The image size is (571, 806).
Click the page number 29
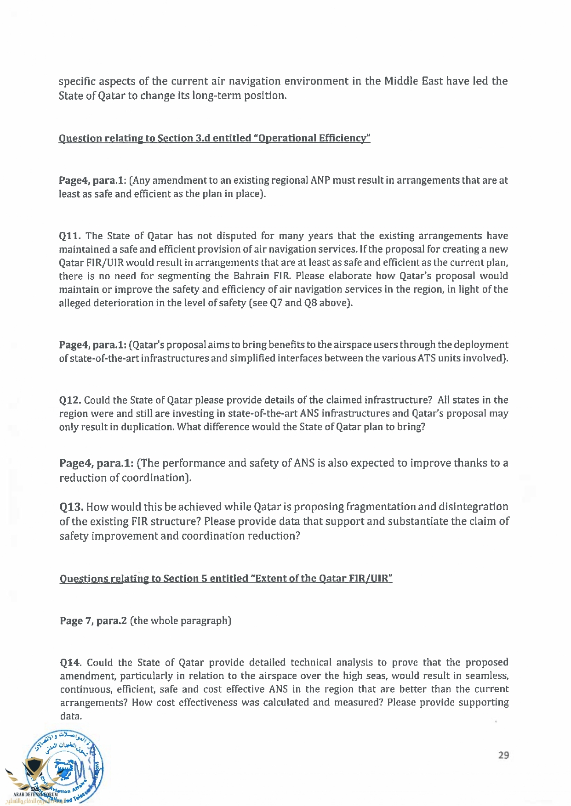click(x=503, y=755)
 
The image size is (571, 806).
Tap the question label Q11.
click(x=70, y=236)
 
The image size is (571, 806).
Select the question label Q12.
click(x=70, y=400)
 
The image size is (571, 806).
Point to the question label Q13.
click(x=71, y=507)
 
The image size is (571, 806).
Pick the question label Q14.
click(x=71, y=663)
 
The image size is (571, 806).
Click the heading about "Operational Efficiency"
click(x=214, y=138)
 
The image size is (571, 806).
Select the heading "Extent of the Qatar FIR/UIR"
click(x=226, y=579)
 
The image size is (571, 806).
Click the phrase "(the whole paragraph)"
click(x=181, y=621)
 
